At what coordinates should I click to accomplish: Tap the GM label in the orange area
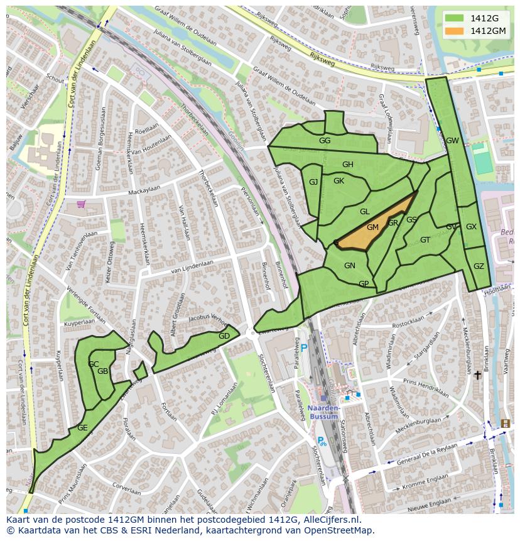pos(372,227)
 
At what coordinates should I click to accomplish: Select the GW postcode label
pos(452,141)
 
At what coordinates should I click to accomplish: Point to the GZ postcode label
pos(479,266)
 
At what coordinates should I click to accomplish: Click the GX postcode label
pos(471,227)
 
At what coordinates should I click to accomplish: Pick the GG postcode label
pos(325,141)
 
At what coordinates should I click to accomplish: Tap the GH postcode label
pos(347,165)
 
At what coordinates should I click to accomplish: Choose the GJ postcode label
pos(313,182)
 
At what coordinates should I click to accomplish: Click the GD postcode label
pos(224,336)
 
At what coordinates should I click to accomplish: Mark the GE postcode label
pos(82,428)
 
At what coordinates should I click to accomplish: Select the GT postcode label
pos(425,240)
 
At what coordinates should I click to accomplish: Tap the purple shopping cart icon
pos(81,204)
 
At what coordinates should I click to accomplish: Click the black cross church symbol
pos(477,375)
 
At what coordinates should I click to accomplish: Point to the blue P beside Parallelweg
pos(304,348)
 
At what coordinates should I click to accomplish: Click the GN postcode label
pos(350,266)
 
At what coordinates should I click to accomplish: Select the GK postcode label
pos(339,181)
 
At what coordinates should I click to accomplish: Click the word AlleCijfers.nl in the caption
pos(331,520)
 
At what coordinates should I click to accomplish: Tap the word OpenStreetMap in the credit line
pos(339,530)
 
